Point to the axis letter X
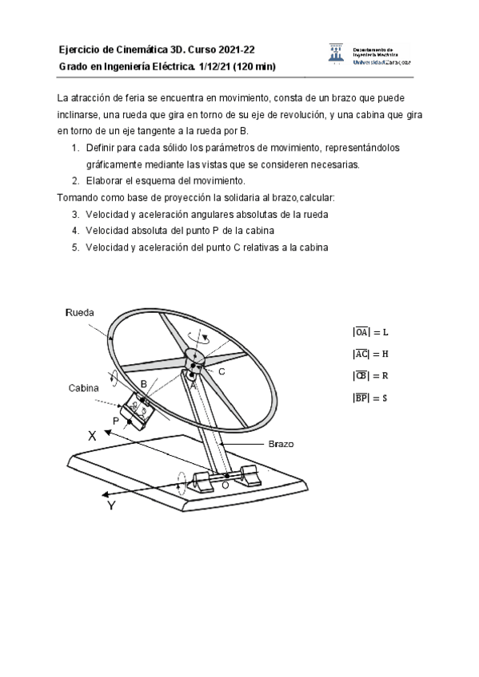click(x=94, y=436)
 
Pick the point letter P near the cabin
click(x=116, y=421)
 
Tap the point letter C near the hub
click(x=222, y=372)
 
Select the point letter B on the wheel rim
click(x=143, y=384)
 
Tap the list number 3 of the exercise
click(x=74, y=215)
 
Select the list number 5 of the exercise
click(x=74, y=247)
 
